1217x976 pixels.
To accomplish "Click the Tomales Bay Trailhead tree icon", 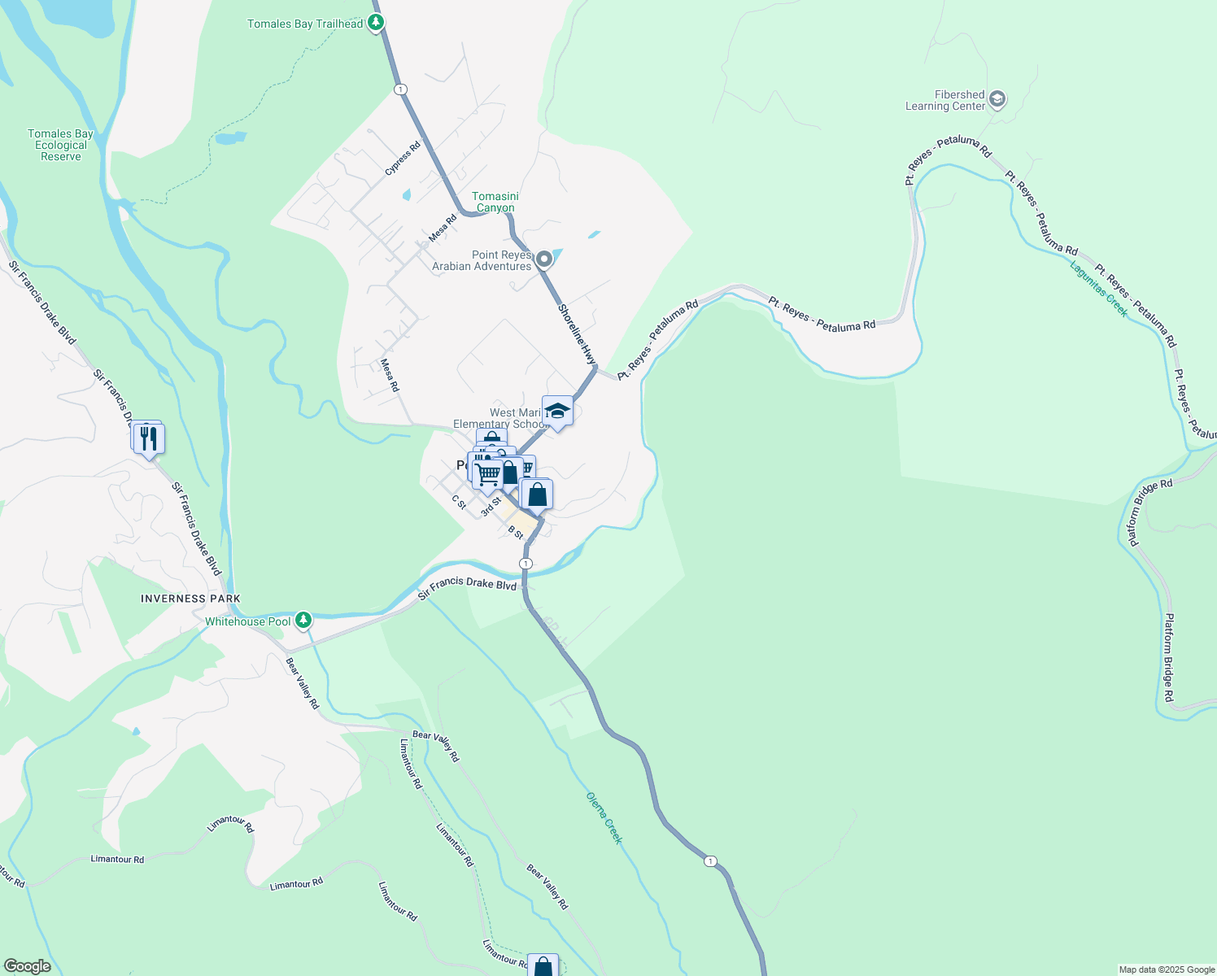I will tap(375, 23).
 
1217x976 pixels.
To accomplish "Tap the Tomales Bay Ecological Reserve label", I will tap(61, 145).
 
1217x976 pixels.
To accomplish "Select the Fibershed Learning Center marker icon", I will tap(998, 100).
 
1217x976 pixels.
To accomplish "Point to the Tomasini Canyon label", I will tap(495, 202).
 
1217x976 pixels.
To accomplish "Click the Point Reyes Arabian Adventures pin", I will tap(544, 259).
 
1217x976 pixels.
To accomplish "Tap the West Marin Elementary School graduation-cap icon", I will tap(557, 411).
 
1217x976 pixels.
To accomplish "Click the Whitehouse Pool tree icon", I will tap(303, 621).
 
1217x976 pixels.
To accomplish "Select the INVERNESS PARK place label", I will tap(190, 599).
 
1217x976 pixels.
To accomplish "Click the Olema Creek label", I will tap(604, 817).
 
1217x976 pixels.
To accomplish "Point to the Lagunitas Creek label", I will tap(1099, 289).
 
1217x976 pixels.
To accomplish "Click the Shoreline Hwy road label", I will tap(578, 334).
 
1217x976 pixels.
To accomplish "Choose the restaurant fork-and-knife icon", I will tap(149, 439).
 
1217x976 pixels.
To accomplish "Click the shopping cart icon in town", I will tap(488, 473).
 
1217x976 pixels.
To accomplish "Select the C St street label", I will tap(460, 503).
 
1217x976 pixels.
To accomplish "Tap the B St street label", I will tap(516, 533).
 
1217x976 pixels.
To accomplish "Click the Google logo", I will tap(28, 966).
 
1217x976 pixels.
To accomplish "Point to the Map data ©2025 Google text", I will tap(1167, 969).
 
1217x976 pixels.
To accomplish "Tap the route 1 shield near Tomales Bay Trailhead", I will tap(399, 89).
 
